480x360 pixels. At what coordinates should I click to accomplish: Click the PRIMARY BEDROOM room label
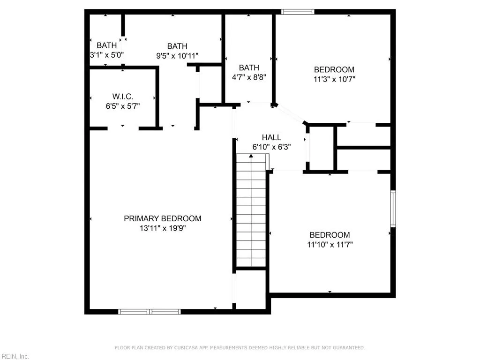[x=162, y=218]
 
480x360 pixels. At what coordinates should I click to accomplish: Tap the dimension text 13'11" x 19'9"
[x=162, y=229]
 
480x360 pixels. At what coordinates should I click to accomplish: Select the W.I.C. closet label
[x=122, y=96]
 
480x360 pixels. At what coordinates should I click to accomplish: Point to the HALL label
[x=271, y=137]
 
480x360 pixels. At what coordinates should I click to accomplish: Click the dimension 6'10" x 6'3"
[x=271, y=147]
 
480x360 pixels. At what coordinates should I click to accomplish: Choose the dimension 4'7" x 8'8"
[x=248, y=78]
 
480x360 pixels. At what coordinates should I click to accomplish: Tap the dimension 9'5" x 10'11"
[x=177, y=56]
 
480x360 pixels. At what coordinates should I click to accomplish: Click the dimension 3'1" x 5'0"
[x=106, y=55]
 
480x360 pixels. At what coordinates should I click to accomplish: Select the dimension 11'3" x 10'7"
[x=334, y=79]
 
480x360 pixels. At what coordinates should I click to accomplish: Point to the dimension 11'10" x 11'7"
[x=330, y=245]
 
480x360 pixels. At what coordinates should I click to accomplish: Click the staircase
[x=251, y=211]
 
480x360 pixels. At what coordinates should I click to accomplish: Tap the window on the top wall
[x=298, y=12]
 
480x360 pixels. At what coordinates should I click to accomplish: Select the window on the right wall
[x=393, y=209]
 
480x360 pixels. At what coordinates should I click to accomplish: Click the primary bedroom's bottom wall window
[x=150, y=311]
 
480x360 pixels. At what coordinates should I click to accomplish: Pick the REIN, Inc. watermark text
[x=15, y=356]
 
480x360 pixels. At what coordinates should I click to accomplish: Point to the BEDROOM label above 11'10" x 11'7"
[x=330, y=235]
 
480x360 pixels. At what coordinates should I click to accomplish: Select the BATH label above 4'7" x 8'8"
[x=248, y=68]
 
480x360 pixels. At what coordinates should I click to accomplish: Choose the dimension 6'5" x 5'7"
[x=122, y=106]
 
